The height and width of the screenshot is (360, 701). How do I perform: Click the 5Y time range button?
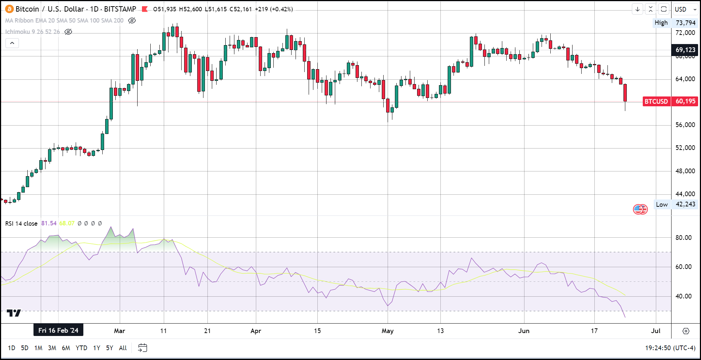pyautogui.click(x=109, y=348)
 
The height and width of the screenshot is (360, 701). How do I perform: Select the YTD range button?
pyautogui.click(x=81, y=348)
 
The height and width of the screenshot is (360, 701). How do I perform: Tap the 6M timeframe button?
pyautogui.click(x=66, y=348)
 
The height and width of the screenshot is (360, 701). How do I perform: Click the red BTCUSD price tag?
pyautogui.click(x=656, y=101)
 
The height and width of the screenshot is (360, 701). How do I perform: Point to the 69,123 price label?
pyautogui.click(x=685, y=50)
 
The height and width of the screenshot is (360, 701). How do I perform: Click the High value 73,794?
pyautogui.click(x=685, y=23)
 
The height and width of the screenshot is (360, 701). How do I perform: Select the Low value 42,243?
pyautogui.click(x=685, y=204)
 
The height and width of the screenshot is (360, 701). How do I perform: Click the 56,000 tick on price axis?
pyautogui.click(x=685, y=125)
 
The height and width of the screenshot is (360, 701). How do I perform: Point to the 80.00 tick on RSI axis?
pyautogui.click(x=684, y=238)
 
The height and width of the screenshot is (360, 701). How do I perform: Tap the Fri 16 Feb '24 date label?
pyautogui.click(x=58, y=330)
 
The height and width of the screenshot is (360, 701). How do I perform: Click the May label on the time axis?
pyautogui.click(x=387, y=331)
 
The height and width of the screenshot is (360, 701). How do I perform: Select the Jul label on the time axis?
pyautogui.click(x=656, y=331)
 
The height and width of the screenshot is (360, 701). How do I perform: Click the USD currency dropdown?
pyautogui.click(x=685, y=9)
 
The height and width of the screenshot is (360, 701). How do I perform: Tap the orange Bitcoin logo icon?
pyautogui.click(x=9, y=9)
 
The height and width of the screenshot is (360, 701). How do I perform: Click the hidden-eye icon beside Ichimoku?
pyautogui.click(x=68, y=32)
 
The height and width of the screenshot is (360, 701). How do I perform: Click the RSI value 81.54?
pyautogui.click(x=49, y=223)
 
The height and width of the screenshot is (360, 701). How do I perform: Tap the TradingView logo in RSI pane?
pyautogui.click(x=14, y=313)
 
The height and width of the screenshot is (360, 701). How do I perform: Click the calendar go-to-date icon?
pyautogui.click(x=142, y=348)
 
